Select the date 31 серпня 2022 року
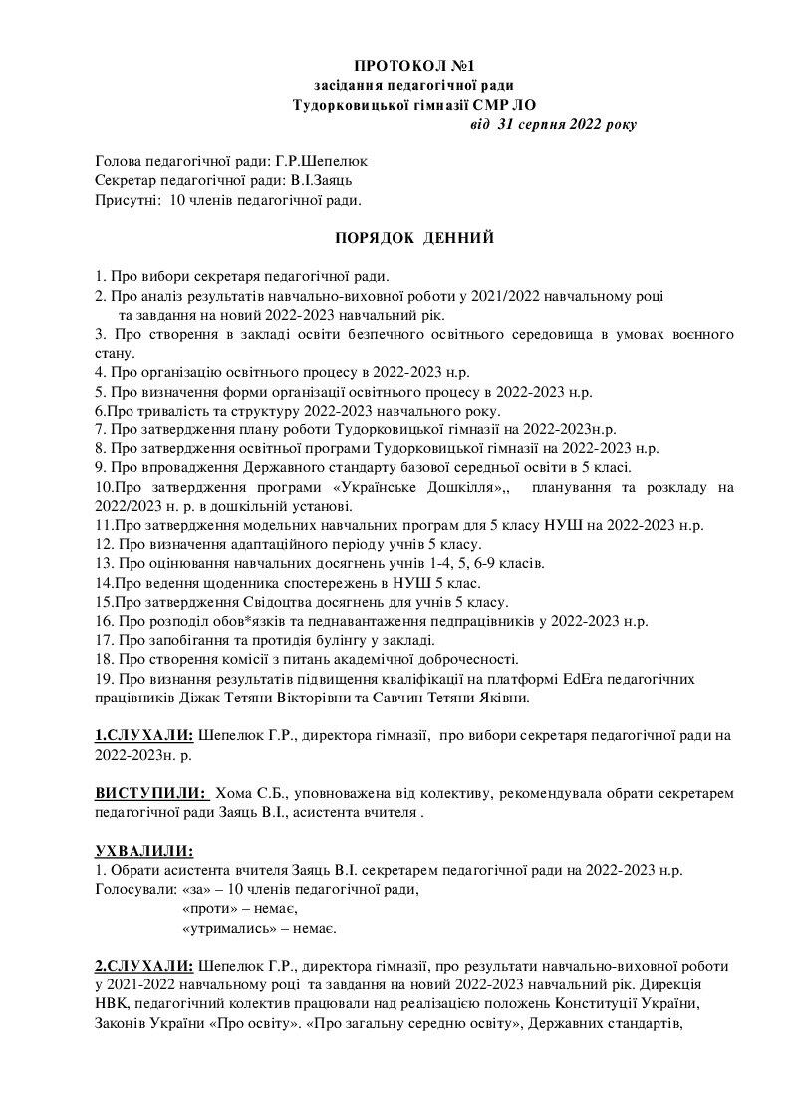point(567,125)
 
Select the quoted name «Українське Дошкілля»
point(429,487)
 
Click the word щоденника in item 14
point(221,582)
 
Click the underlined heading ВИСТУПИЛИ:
point(150,793)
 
